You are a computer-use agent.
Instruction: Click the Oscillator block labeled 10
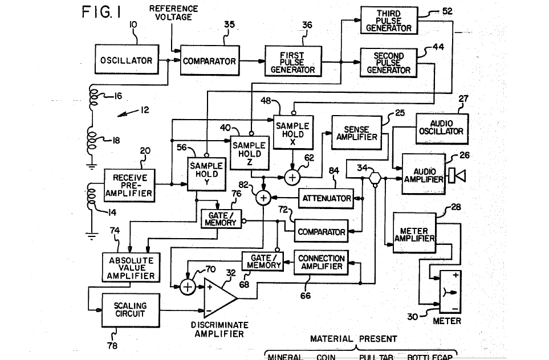click(x=127, y=61)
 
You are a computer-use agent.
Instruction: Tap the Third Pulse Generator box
click(x=387, y=21)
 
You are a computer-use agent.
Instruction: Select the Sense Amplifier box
click(x=356, y=133)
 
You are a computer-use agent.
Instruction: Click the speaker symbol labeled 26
click(x=457, y=176)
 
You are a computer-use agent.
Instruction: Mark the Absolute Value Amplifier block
click(x=128, y=267)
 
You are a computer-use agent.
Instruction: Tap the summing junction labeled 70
click(x=188, y=287)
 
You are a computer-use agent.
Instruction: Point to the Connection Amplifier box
click(x=321, y=263)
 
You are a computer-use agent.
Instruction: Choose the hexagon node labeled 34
click(x=375, y=178)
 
